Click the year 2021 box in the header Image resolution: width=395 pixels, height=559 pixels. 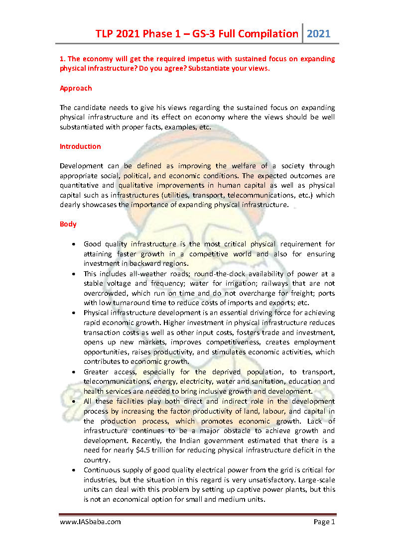point(318,34)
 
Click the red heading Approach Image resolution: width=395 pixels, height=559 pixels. point(76,88)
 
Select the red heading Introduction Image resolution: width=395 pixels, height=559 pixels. point(80,146)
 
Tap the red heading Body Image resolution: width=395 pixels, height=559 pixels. point(68,224)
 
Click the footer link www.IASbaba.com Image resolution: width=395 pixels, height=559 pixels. point(90,522)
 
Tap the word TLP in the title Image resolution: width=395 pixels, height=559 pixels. point(107,34)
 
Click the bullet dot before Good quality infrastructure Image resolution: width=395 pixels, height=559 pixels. point(74,244)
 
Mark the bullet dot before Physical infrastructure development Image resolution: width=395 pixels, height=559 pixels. point(74,313)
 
